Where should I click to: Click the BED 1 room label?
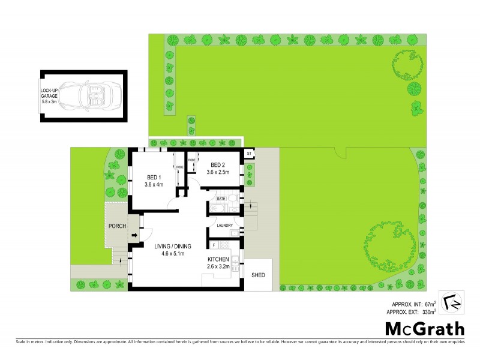point(154,177)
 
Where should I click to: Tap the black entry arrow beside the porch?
point(133,236)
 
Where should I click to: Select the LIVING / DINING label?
point(175,246)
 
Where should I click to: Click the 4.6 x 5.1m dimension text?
point(175,254)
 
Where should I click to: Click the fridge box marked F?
point(214,245)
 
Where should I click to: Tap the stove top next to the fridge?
point(226,245)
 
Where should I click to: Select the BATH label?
point(221,199)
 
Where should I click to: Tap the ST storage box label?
point(249,154)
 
